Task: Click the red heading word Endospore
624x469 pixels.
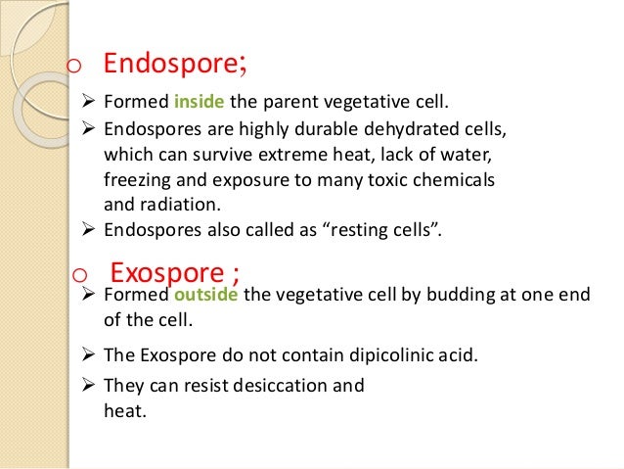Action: (x=167, y=64)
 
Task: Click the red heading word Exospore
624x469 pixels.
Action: (x=170, y=270)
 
